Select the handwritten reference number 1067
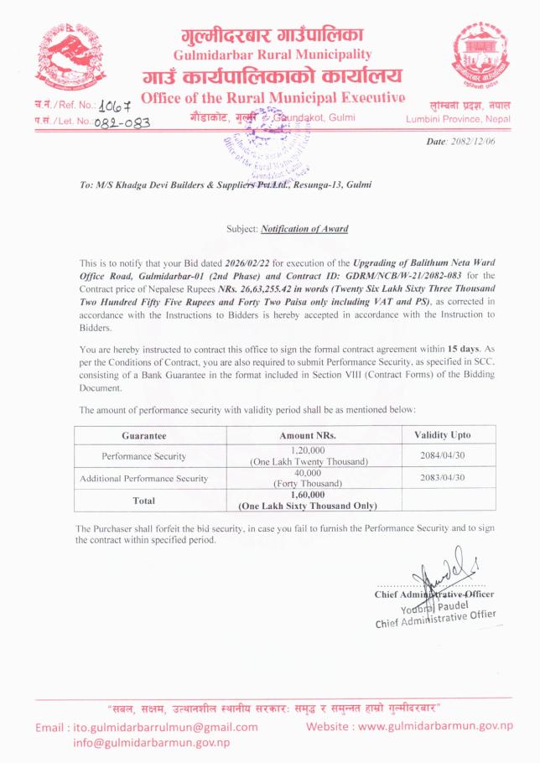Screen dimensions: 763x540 tap(116, 106)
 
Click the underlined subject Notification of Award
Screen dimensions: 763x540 tap(304, 228)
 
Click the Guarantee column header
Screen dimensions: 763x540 tap(143, 436)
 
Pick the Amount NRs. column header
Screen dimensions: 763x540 tap(309, 436)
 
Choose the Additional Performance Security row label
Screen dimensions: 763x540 tap(143, 478)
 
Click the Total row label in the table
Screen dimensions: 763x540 tap(143, 500)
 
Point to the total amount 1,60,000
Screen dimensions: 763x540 tap(309, 495)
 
